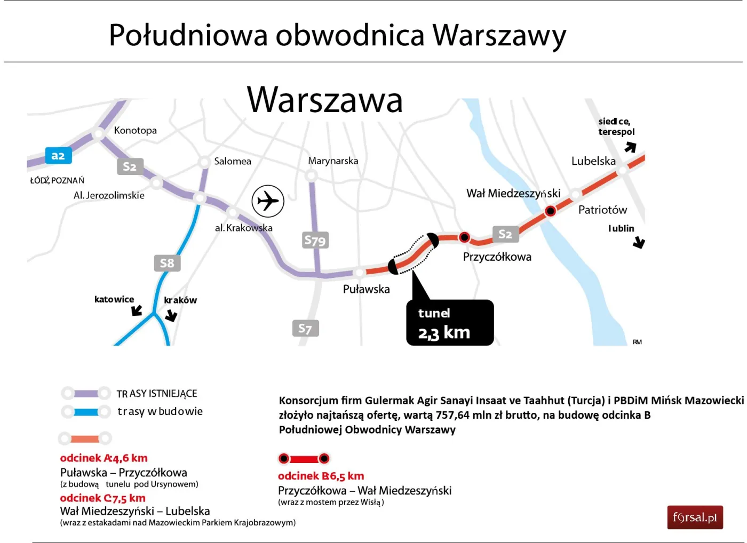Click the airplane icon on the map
click(x=268, y=201)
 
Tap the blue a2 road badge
click(x=58, y=156)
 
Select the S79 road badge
click(x=315, y=241)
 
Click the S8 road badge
click(x=167, y=263)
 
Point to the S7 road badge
click(x=305, y=329)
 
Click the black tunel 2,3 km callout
click(x=450, y=323)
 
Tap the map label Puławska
click(x=366, y=289)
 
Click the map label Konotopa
click(x=135, y=130)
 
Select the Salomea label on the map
click(x=232, y=161)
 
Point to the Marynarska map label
click(x=333, y=161)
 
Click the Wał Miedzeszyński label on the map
click(x=513, y=193)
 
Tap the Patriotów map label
click(x=602, y=210)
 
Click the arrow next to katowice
click(x=137, y=310)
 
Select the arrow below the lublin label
click(x=639, y=243)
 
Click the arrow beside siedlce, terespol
click(x=631, y=147)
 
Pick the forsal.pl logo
click(x=695, y=517)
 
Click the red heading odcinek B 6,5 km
click(x=321, y=476)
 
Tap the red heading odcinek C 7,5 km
click(x=102, y=498)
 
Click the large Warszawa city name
click(x=324, y=100)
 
